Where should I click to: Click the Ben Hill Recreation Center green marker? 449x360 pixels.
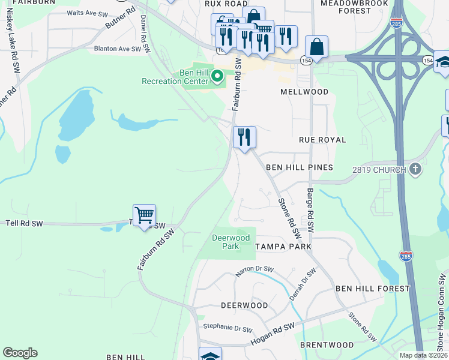[x=218, y=76]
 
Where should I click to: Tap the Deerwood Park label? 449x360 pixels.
[x=231, y=242]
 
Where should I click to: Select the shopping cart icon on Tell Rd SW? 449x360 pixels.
[x=144, y=214]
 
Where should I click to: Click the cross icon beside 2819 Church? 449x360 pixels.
[x=415, y=169]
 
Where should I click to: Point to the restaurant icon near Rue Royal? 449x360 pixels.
[x=244, y=137]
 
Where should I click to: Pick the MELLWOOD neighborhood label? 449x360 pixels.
[x=304, y=92]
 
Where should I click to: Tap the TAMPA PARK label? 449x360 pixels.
[x=283, y=247]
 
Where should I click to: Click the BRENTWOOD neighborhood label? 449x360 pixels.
[x=327, y=345]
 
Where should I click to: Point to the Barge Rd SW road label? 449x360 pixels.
[x=310, y=209]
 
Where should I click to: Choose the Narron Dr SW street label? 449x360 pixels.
[x=255, y=271]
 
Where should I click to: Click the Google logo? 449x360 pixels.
[x=20, y=353]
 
